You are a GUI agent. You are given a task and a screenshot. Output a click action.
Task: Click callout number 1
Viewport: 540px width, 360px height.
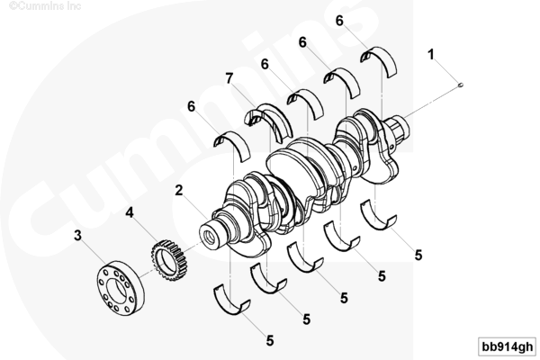point(431,54)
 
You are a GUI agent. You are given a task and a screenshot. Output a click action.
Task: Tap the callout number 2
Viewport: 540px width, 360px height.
point(179,190)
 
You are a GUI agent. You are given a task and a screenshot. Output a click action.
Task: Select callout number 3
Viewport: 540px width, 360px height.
point(77,236)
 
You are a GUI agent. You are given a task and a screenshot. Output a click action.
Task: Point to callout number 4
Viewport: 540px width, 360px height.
point(130,212)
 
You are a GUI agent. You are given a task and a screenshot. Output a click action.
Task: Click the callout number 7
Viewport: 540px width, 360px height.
point(229,78)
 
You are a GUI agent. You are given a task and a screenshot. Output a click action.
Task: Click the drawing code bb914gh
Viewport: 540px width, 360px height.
point(508,346)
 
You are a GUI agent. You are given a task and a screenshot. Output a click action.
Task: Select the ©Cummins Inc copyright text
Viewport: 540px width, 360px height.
point(45,6)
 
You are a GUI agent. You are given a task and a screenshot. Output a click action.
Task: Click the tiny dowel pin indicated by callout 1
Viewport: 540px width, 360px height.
point(461,85)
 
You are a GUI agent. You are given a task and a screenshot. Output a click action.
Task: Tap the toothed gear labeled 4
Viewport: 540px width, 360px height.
point(169,260)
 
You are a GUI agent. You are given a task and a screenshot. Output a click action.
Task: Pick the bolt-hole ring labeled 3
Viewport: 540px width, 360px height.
point(121,289)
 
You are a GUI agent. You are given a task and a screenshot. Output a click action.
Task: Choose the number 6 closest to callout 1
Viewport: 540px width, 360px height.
point(339,21)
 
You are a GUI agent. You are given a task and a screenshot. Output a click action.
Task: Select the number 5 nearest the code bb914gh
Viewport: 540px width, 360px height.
point(418,256)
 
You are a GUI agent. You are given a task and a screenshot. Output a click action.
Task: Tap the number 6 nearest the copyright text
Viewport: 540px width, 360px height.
point(191,106)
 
